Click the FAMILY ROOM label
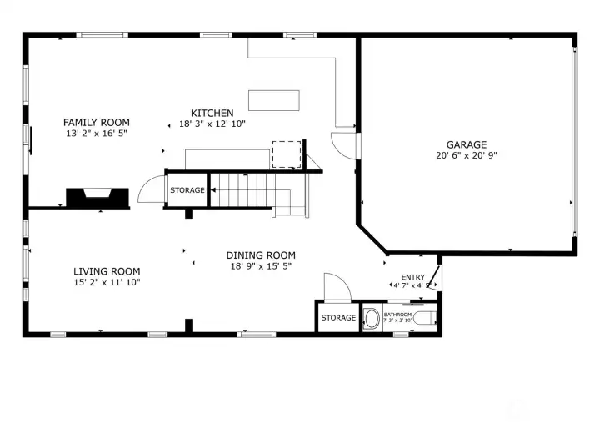(x=97, y=123)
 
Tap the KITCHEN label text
(x=212, y=113)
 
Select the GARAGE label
(x=466, y=144)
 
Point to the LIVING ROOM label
(x=107, y=271)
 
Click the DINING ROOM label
(x=261, y=255)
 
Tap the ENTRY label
(x=412, y=277)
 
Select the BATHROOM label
(x=397, y=315)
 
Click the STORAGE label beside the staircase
(x=187, y=191)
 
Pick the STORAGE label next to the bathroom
(x=339, y=318)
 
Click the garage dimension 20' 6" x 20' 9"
(x=466, y=155)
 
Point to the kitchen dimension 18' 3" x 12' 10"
(x=212, y=124)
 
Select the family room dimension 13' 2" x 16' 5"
(x=97, y=134)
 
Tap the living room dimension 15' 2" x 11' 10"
(x=107, y=282)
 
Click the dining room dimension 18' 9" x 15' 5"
(x=261, y=266)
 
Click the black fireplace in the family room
(x=97, y=198)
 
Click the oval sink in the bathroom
(x=372, y=319)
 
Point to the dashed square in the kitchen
(x=286, y=154)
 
